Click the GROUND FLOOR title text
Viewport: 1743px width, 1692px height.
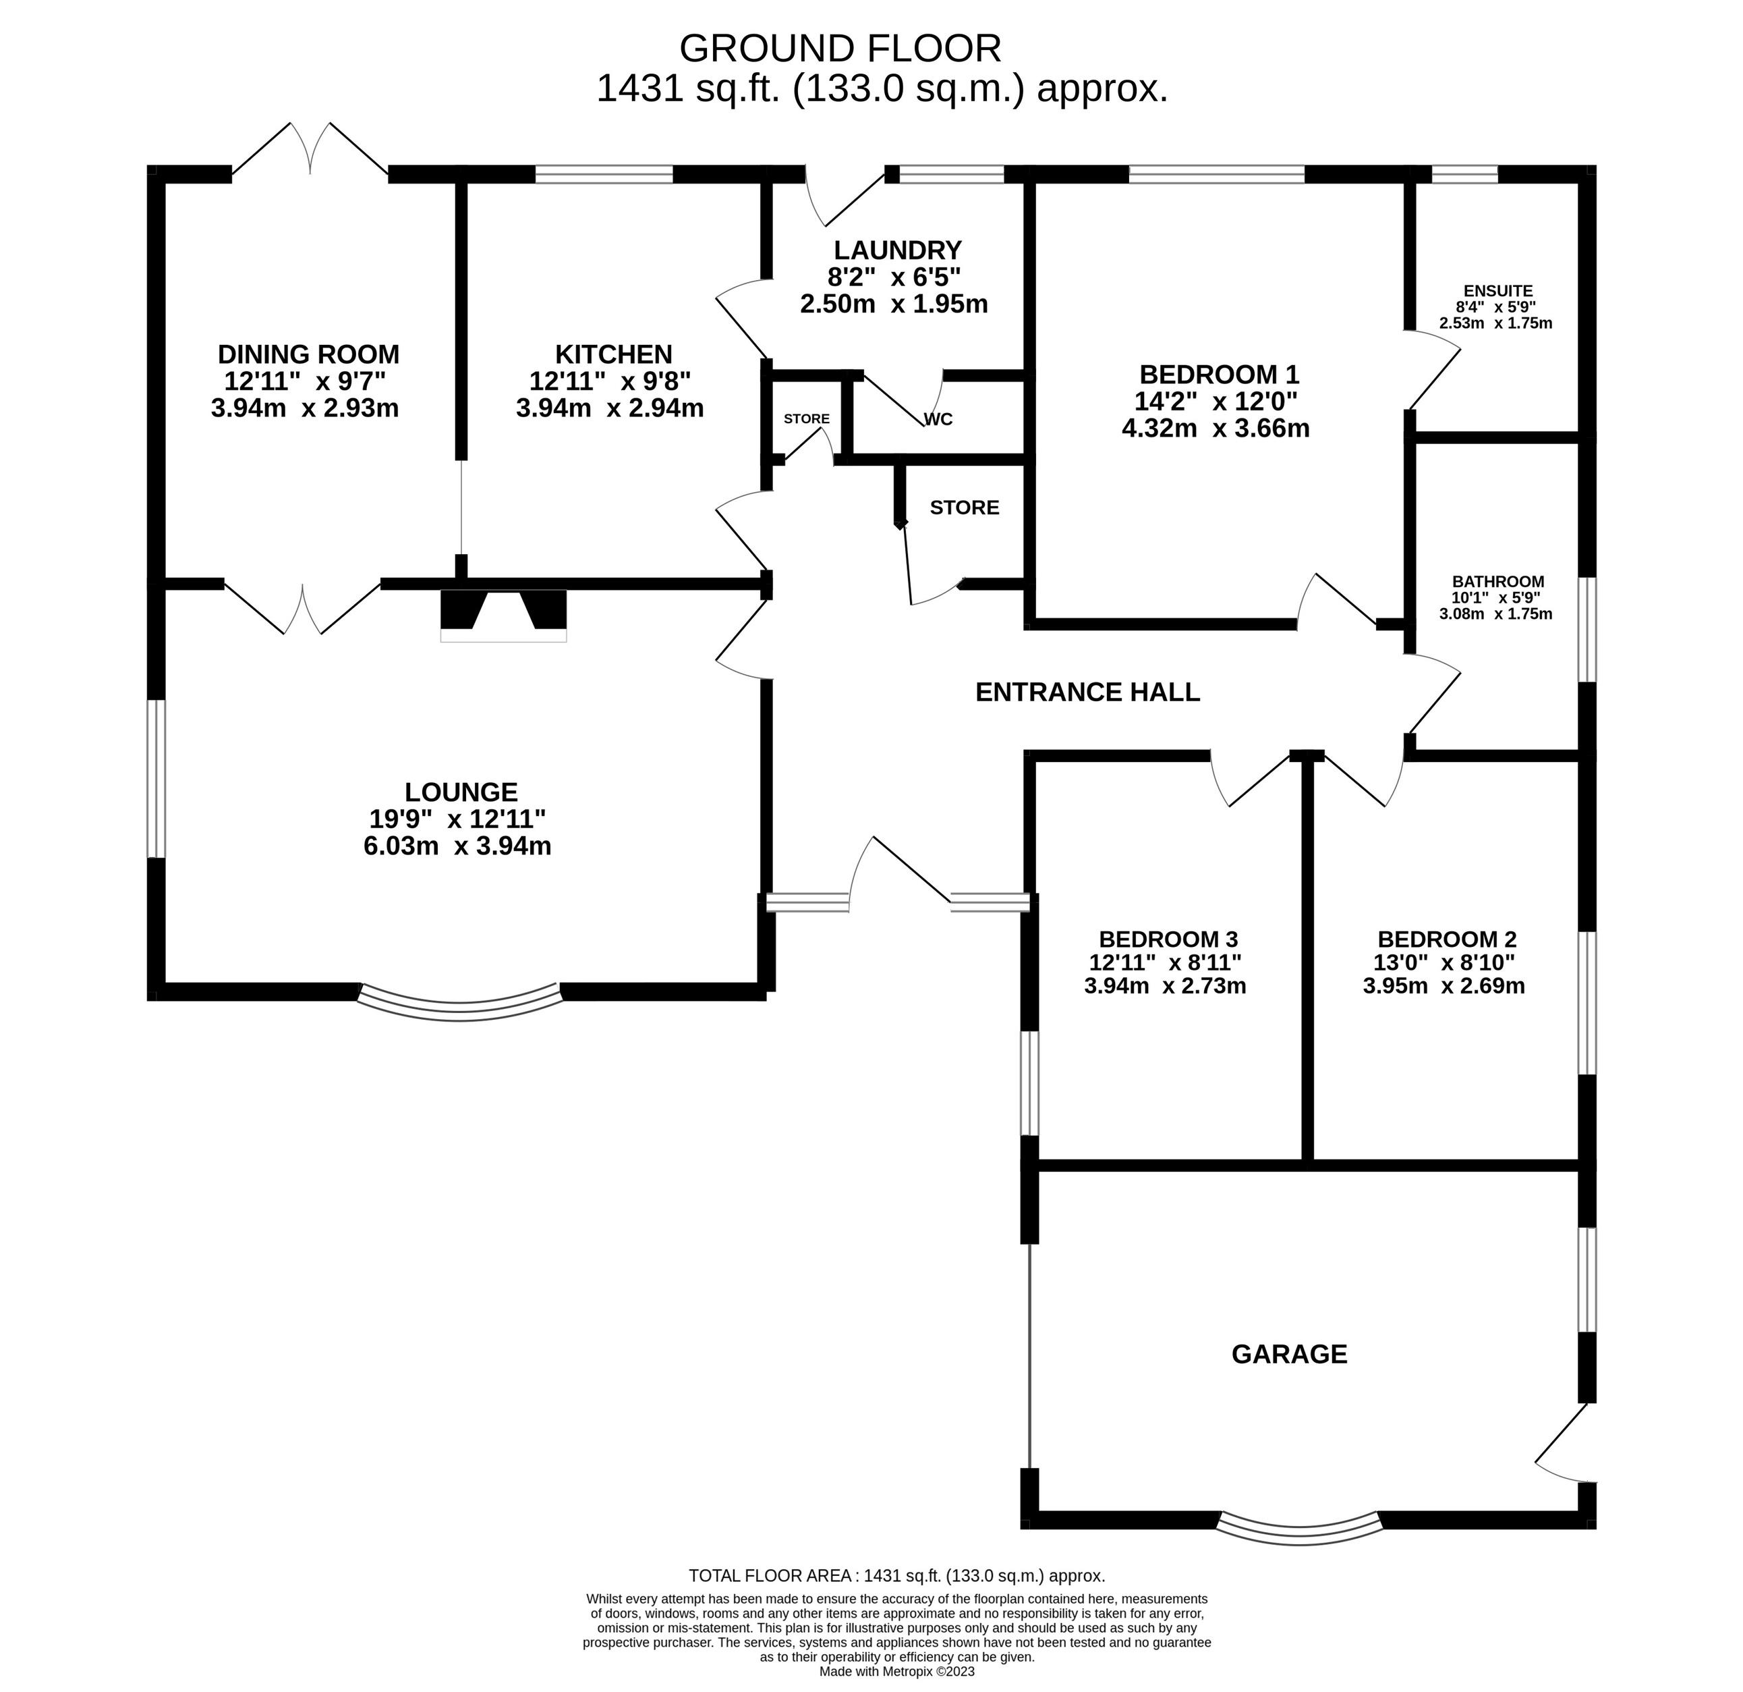(840, 48)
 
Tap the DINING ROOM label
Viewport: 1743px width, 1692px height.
(308, 354)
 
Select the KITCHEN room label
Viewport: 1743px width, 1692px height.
(614, 354)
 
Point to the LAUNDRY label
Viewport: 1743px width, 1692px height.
(897, 250)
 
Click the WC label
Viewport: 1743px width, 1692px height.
(938, 419)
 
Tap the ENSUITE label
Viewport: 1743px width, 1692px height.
(1497, 291)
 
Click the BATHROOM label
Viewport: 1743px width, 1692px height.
(1498, 582)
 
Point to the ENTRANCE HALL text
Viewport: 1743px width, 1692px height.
(1087, 692)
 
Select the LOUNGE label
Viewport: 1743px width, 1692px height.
(461, 792)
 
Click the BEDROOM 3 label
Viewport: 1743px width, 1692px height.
(1168, 939)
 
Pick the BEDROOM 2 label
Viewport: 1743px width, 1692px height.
(1447, 939)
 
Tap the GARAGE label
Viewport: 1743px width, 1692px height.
(1290, 1354)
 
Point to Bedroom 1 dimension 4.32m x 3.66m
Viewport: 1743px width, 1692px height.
(1216, 429)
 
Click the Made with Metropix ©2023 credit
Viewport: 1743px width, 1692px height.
(896, 1672)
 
